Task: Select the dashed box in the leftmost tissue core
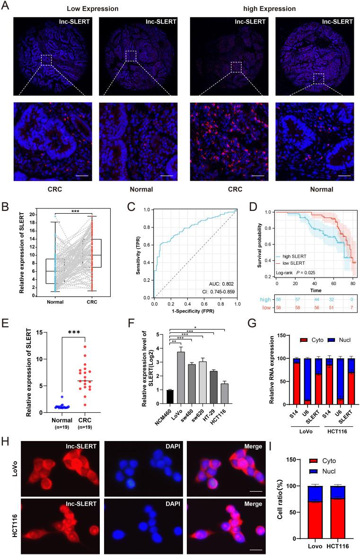46,60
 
